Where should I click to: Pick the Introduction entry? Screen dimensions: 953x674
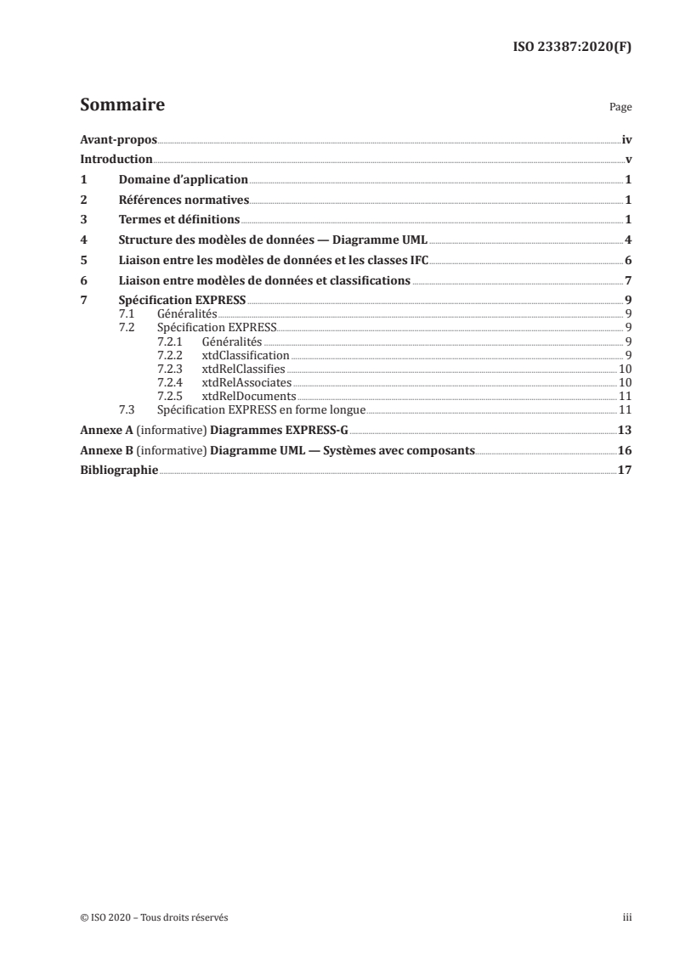pos(116,159)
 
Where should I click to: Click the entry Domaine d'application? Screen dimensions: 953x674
pos(183,179)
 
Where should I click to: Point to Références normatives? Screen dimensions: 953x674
pos(183,200)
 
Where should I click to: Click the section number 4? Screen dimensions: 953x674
pos(83,240)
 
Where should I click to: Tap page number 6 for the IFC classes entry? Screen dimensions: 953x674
pos(626,260)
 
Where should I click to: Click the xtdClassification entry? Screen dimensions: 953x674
pos(246,355)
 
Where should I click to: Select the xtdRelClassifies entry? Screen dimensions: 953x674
pos(243,369)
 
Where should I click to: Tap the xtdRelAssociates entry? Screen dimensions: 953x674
pos(246,382)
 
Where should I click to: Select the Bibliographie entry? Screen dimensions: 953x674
pos(118,471)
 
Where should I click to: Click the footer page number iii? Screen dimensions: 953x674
pos(626,917)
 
